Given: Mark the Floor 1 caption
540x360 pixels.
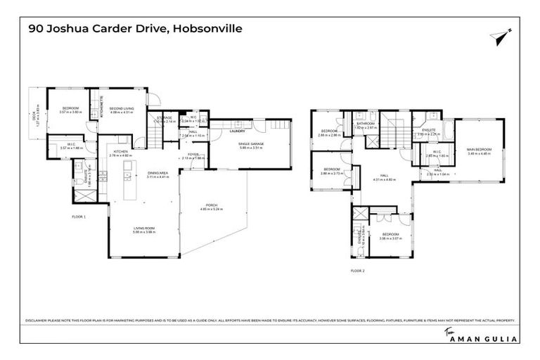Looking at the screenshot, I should click(x=78, y=217).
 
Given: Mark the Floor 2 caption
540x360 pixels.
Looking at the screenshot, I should click(x=358, y=269).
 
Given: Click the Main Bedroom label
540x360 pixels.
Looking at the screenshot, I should click(x=480, y=151).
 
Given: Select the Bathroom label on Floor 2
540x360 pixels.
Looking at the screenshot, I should click(x=366, y=124).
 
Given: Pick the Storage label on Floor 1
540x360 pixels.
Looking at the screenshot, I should click(x=164, y=118).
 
